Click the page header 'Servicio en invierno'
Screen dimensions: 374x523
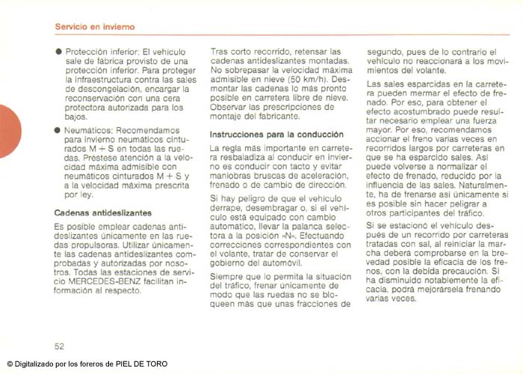(95, 27)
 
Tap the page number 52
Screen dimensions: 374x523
(60, 346)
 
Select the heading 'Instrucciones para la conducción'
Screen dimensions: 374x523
(276, 135)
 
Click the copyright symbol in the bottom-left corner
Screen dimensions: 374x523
(10, 364)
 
